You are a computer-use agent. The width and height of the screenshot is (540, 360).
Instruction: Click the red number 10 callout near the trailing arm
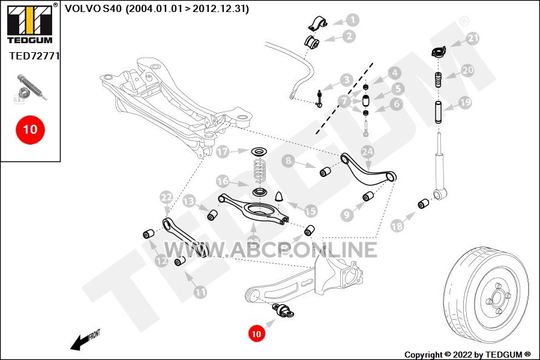tap(256, 333)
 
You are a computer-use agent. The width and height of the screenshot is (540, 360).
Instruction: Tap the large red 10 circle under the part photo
tap(30, 128)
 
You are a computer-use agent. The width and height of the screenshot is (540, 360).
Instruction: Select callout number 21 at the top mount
tap(473, 39)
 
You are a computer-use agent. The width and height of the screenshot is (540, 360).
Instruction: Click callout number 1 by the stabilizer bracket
tap(353, 20)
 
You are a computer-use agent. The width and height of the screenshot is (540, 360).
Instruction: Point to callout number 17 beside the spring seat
tap(223, 152)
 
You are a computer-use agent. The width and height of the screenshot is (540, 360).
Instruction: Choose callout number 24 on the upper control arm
tap(367, 152)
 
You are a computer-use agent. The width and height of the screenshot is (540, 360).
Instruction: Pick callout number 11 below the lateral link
tap(200, 292)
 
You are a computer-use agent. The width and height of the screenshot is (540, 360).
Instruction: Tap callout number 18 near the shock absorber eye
tap(397, 226)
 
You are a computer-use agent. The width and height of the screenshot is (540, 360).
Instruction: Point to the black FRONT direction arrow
tap(79, 343)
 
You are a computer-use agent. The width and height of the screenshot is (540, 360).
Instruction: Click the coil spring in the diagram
tap(259, 171)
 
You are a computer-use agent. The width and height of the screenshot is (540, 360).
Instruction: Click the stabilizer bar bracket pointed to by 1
tap(316, 23)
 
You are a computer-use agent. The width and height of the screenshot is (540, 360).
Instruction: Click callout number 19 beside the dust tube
tap(465, 103)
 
